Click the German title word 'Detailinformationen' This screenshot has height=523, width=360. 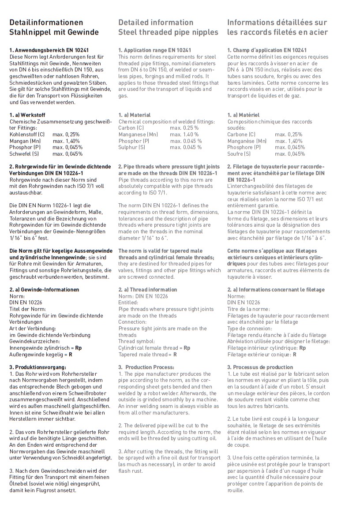[x=46, y=22]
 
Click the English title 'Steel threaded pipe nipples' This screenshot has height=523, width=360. [x=168, y=32]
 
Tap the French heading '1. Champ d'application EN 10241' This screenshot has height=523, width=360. [x=267, y=50]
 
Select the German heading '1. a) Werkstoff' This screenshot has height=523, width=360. [x=27, y=115]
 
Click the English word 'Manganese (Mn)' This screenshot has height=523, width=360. [x=138, y=134]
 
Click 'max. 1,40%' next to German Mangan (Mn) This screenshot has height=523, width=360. [x=66, y=141]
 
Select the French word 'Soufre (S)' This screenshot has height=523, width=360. [x=239, y=154]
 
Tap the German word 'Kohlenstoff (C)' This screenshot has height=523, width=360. [x=27, y=134]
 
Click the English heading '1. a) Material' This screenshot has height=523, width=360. [x=134, y=115]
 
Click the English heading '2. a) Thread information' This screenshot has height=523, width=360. [x=147, y=290]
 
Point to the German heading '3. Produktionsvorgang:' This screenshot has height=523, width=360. [x=38, y=367]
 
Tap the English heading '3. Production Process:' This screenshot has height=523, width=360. [x=146, y=367]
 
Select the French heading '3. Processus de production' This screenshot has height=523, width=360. [x=260, y=367]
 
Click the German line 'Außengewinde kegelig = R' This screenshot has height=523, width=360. [x=41, y=354]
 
